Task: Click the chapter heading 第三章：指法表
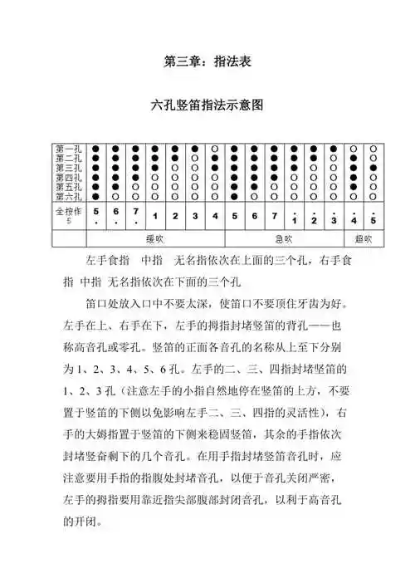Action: click(x=208, y=61)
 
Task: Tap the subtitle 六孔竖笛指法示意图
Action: click(x=208, y=106)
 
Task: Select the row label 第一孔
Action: click(x=69, y=148)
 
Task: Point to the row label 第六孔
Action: click(x=69, y=197)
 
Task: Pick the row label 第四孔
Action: click(x=69, y=177)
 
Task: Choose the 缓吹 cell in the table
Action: click(x=155, y=238)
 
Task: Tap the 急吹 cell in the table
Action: click(x=284, y=238)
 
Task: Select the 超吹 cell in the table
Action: click(x=364, y=238)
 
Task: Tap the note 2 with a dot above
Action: click(x=314, y=218)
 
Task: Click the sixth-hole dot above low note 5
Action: click(x=96, y=197)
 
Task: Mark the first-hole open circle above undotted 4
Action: click(x=214, y=149)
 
